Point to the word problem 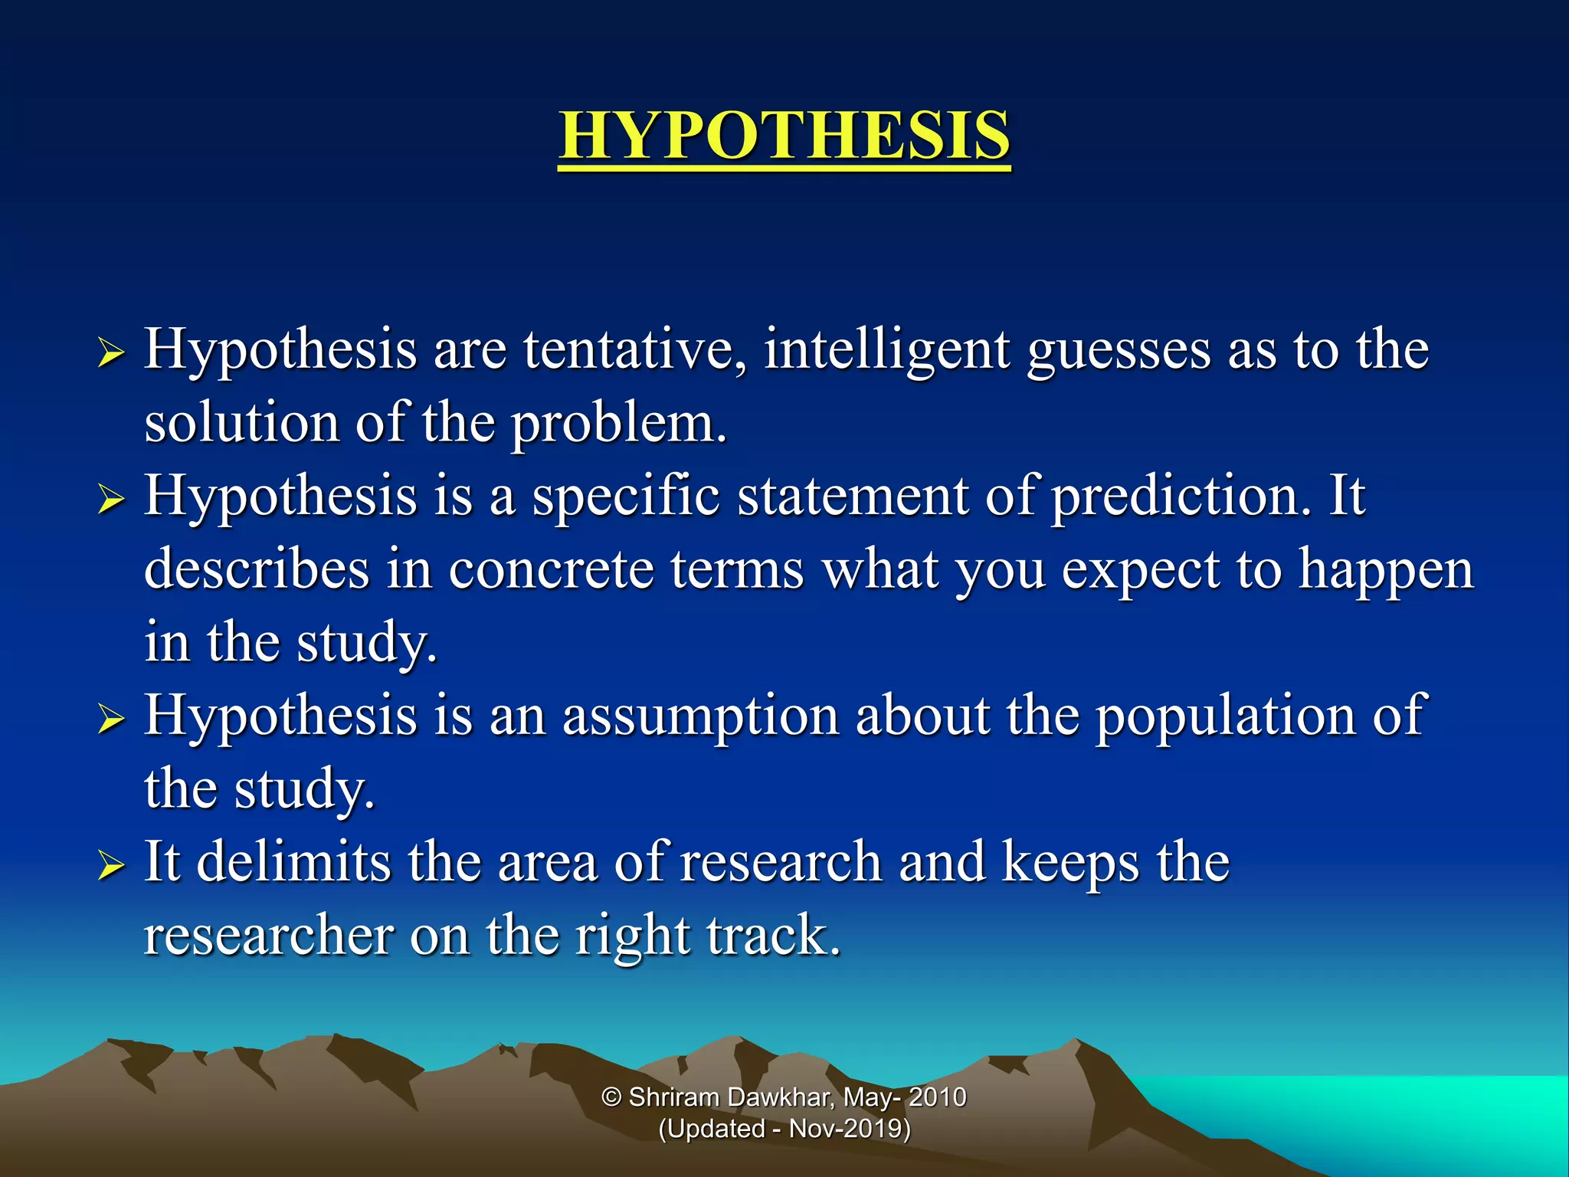pos(618,424)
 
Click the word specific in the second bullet pos(626,497)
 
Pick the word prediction pos(1181,497)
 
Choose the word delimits pos(293,862)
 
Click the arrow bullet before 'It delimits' pos(111,867)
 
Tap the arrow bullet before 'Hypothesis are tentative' pos(111,354)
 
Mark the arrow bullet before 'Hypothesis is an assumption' pos(111,720)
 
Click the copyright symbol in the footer pos(611,1097)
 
